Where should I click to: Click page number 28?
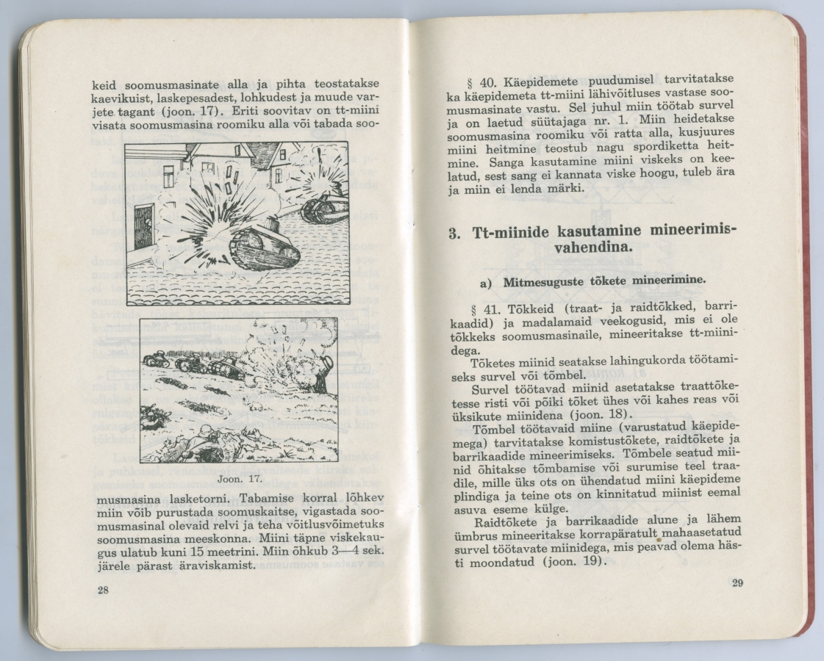coord(101,590)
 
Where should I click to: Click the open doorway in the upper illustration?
coord(145,226)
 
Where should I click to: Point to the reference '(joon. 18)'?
coord(614,413)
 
